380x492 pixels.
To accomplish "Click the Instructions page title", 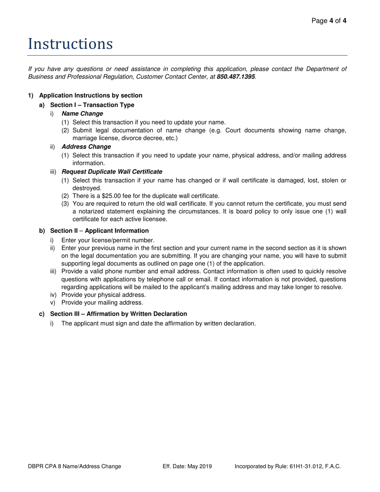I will point(70,44).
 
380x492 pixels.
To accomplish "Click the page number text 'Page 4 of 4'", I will point(329,21).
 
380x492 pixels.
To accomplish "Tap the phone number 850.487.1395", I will point(236,76).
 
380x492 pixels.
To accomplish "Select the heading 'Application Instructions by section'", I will point(90,95).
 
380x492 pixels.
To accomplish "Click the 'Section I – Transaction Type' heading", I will point(92,105).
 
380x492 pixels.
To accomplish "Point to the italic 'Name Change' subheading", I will point(82,114).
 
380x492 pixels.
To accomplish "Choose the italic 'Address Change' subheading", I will point(86,147).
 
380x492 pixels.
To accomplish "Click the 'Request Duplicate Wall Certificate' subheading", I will point(112,172).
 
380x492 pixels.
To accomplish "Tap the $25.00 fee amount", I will point(113,196).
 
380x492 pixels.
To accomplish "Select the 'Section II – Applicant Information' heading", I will point(99,231).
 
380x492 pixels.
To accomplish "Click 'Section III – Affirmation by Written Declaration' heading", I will point(118,314).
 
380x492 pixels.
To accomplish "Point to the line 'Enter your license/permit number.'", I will point(108,240).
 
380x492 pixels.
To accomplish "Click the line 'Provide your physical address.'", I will point(104,294).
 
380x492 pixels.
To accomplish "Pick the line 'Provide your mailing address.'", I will point(102,302).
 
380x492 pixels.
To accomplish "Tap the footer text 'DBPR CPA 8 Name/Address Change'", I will point(75,466).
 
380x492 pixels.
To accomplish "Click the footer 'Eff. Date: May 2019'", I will point(187,466).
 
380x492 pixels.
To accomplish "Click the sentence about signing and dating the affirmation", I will point(158,323).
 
